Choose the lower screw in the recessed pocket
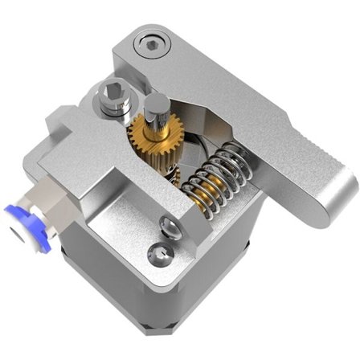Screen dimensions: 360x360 tap(159, 256)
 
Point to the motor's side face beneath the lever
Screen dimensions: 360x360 tap(241, 265)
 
